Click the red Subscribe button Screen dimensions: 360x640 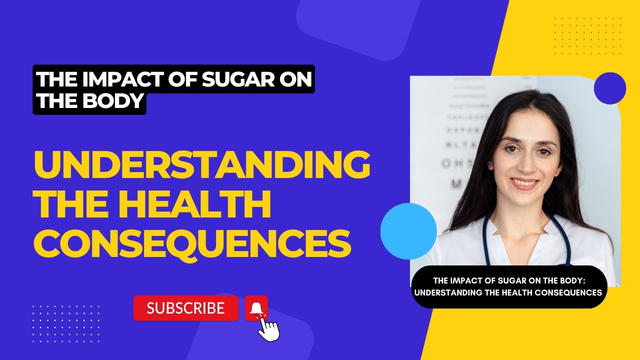click(x=185, y=308)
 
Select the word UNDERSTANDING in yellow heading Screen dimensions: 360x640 click(x=201, y=167)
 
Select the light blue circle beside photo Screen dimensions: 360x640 click(x=408, y=231)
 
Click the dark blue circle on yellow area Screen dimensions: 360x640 click(x=610, y=88)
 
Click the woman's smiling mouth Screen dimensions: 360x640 click(x=525, y=183)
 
